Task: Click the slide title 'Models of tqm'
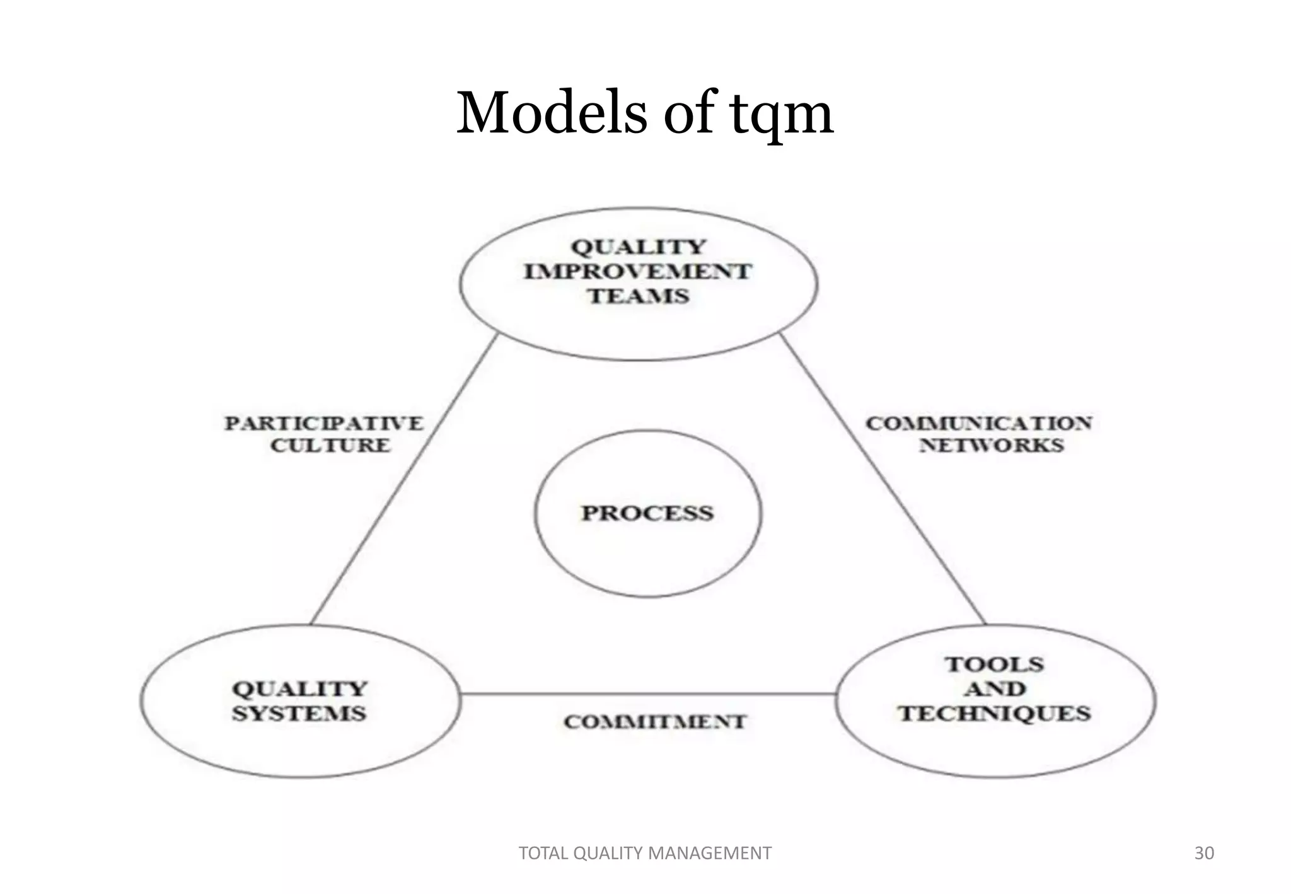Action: [x=645, y=113]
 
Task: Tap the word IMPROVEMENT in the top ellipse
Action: [x=638, y=272]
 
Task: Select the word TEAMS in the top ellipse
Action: [x=639, y=296]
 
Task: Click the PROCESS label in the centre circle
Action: [x=647, y=513]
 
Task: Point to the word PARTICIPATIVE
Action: [x=324, y=423]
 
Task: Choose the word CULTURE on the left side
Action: [x=331, y=445]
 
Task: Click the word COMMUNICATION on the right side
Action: [x=978, y=423]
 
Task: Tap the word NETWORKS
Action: [x=991, y=445]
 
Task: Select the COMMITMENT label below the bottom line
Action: [x=655, y=722]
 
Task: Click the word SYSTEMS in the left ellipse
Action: [x=299, y=714]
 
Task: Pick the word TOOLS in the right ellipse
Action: [x=994, y=665]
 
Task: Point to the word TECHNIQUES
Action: [x=994, y=714]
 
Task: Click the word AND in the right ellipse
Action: [x=994, y=689]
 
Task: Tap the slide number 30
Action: [x=1204, y=853]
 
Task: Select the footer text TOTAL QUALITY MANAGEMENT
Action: [x=644, y=853]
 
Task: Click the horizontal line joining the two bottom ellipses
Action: [x=648, y=694]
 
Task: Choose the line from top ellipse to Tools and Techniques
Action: [x=883, y=479]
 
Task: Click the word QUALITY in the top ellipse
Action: [x=638, y=247]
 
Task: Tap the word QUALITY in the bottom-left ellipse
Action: [x=299, y=689]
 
